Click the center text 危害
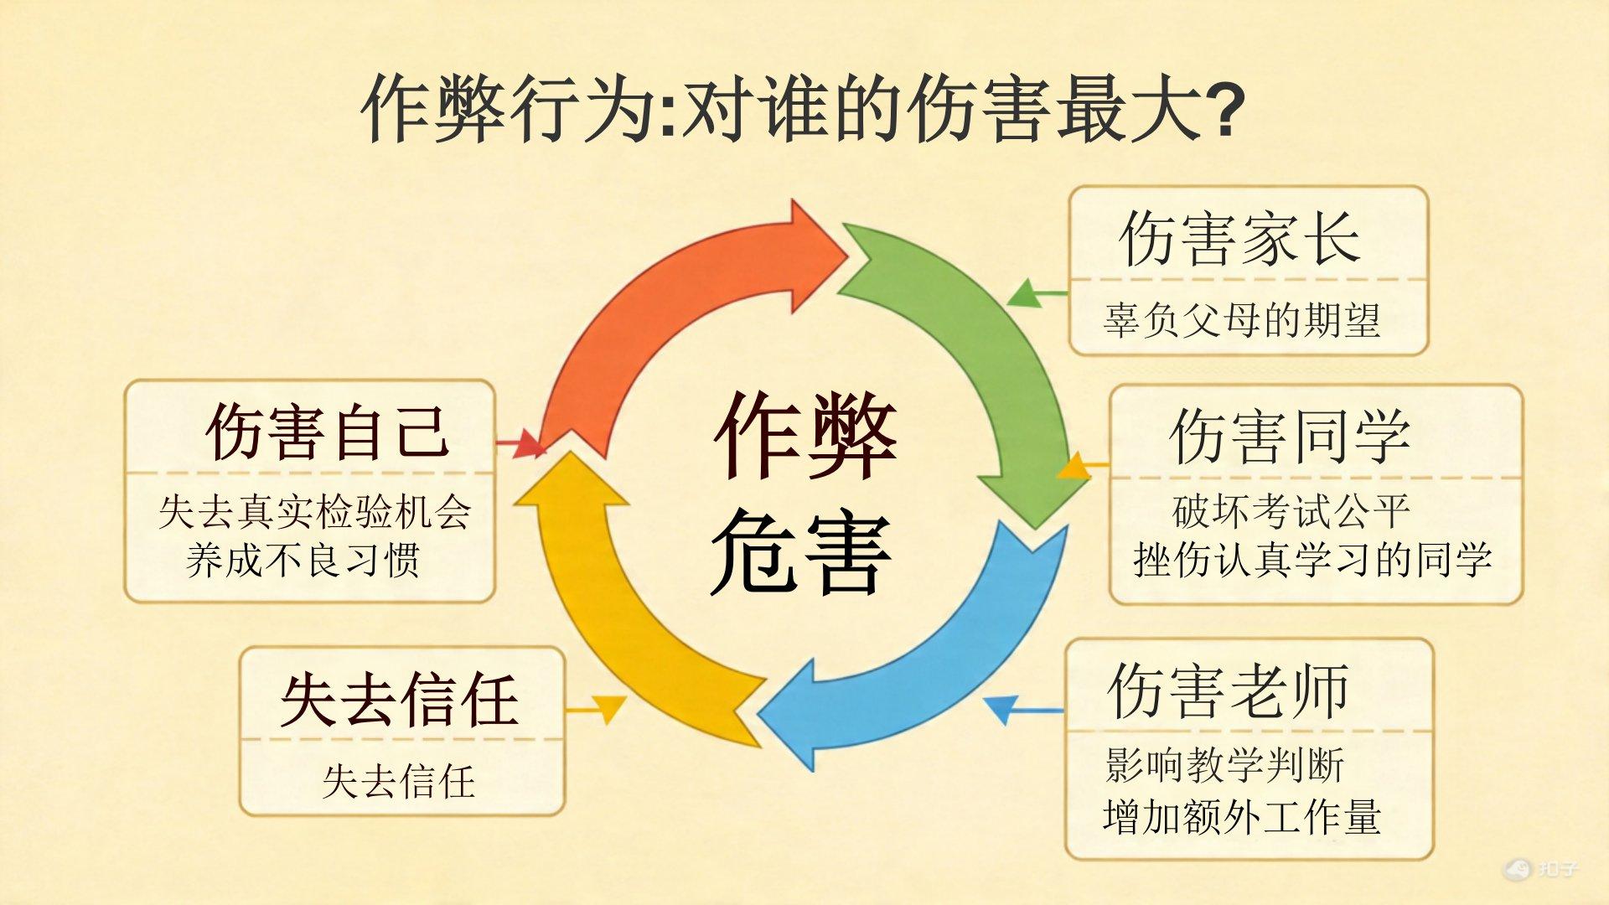801,552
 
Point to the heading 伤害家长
1240,238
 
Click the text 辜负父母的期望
1242,319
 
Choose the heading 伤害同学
1291,437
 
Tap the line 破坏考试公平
1291,511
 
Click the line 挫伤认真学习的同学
1313,559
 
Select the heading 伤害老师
1229,690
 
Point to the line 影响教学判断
1224,765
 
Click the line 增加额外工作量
1242,816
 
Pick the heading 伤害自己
328,432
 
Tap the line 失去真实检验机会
315,511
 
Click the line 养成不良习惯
303,560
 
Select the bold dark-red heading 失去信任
399,700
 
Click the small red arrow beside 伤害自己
520,442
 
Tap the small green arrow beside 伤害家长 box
1037,294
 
